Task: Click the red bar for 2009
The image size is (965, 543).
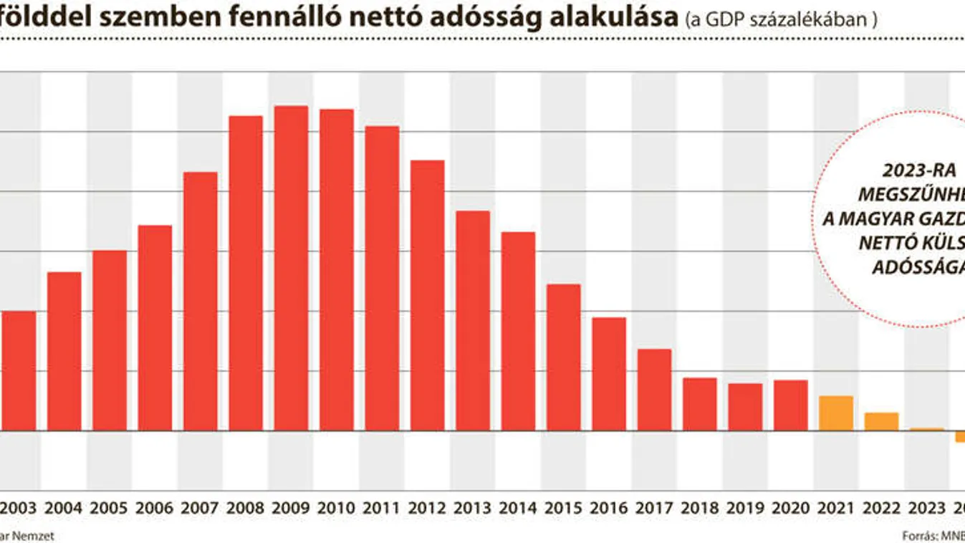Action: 291,268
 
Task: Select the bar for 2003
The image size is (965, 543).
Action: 18,370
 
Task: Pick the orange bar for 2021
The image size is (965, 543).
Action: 835,413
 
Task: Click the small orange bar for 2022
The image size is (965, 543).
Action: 881,421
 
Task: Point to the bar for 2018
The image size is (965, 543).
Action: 699,403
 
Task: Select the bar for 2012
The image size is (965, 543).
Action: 427,295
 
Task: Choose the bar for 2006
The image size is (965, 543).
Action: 155,327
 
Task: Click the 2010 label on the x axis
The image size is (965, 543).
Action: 336,509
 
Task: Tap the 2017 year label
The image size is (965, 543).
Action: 654,509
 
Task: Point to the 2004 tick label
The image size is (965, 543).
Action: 64,509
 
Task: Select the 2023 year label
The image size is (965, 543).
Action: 926,509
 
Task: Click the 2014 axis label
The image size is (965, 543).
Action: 518,509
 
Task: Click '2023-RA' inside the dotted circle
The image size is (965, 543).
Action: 909,171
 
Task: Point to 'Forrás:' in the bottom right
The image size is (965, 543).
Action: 918,535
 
